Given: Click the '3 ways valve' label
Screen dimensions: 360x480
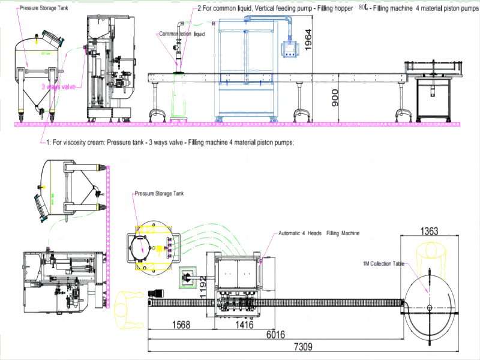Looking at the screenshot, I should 58,86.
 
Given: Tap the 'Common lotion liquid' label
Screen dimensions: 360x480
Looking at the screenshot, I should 182,34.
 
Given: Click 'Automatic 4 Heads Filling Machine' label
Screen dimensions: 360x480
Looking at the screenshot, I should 319,233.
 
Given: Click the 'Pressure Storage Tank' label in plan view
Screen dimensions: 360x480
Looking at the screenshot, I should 159,194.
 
